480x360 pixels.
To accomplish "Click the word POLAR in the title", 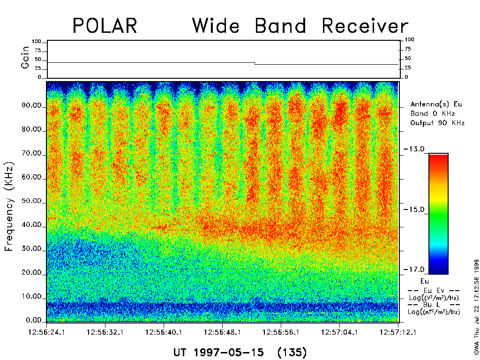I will pyautogui.click(x=105, y=26).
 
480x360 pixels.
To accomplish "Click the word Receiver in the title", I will pyautogui.click(x=365, y=26).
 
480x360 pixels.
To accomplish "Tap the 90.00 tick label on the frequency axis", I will pyautogui.click(x=31, y=106).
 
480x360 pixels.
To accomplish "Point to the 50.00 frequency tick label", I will pyautogui.click(x=31, y=202).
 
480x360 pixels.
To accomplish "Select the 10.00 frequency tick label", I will pyautogui.click(x=31, y=297).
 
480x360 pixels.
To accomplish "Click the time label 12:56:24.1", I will pyautogui.click(x=47, y=332).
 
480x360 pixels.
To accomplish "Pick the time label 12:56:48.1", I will pyautogui.click(x=223, y=332).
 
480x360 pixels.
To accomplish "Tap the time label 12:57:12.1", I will pyautogui.click(x=398, y=332).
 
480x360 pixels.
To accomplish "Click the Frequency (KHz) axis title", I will pyautogui.click(x=10, y=206).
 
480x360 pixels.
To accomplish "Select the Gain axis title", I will pyautogui.click(x=25, y=59).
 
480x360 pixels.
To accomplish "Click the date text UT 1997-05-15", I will pyautogui.click(x=218, y=352).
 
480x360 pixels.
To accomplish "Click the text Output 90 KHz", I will pyautogui.click(x=437, y=123).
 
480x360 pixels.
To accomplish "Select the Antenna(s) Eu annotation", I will pyautogui.click(x=436, y=104).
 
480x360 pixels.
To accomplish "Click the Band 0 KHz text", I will pyautogui.click(x=432, y=113).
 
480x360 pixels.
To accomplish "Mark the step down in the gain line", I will pyautogui.click(x=255, y=63).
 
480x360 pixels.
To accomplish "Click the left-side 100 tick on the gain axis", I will pyautogui.click(x=37, y=42).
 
